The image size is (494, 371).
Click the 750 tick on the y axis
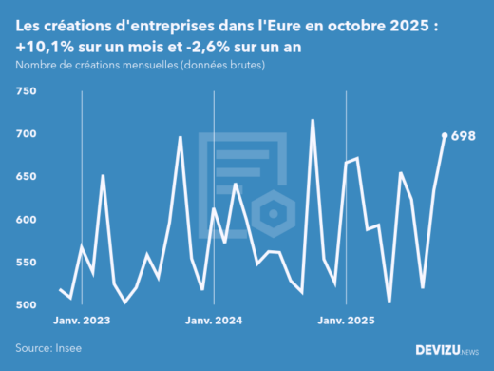tap(25, 91)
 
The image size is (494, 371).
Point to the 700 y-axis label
tap(25, 134)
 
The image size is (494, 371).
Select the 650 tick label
tap(25, 177)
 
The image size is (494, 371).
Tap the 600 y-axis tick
tap(25, 220)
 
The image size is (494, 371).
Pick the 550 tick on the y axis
tap(25, 263)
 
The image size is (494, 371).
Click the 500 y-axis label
tap(25, 305)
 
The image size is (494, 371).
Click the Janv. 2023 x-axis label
tap(83, 322)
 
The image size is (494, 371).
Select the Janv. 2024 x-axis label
tap(215, 322)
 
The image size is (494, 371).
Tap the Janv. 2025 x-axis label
tap(346, 322)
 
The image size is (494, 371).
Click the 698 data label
tap(463, 135)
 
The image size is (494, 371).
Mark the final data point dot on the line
tap(446, 135)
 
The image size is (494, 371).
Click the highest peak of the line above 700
tap(313, 120)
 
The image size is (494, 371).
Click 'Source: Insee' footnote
tap(47, 348)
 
